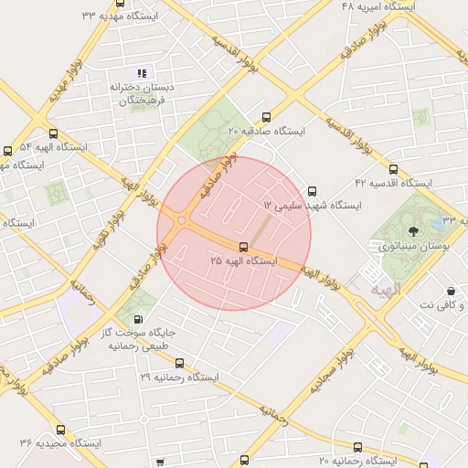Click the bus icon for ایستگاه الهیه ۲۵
pos(243,247)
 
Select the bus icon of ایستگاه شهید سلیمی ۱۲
pos(314,191)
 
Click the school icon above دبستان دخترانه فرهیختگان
pos(141,72)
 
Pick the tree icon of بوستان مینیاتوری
pos(413,230)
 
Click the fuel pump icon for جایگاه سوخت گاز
pos(137,319)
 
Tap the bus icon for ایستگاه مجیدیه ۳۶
pos(61,429)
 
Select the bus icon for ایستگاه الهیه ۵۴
pos(8,150)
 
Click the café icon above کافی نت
pos(451,290)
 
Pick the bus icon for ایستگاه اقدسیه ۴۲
pos(394,169)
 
